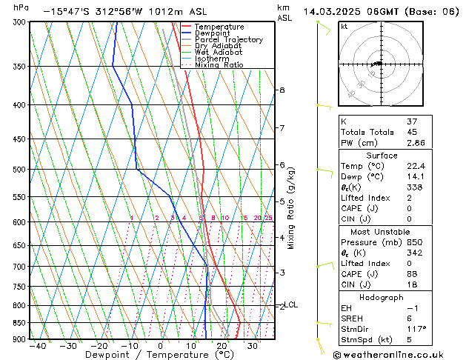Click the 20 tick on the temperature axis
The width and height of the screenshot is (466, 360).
[222, 346]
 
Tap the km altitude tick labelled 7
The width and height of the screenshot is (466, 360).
[282, 128]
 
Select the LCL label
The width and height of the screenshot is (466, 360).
[291, 304]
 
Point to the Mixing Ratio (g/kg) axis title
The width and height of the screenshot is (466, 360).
[291, 207]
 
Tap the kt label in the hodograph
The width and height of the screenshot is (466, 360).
[344, 26]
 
